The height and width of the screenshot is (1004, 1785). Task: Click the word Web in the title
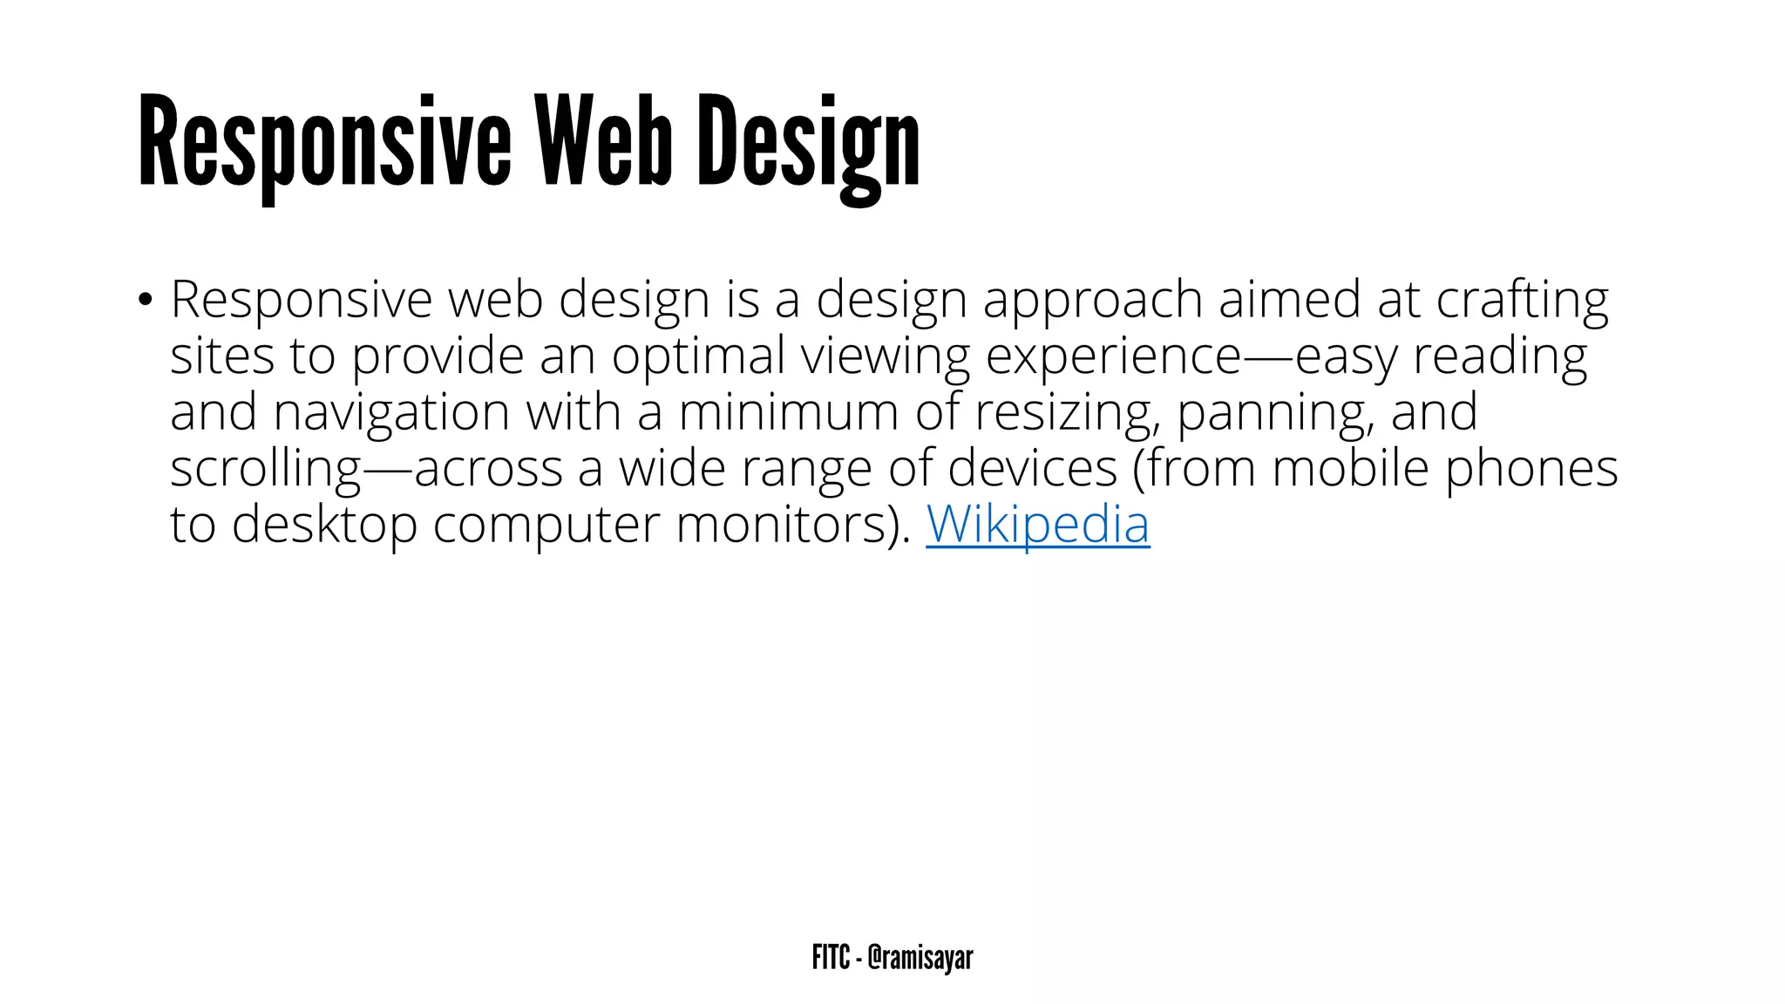603,141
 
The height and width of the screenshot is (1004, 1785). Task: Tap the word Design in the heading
808,144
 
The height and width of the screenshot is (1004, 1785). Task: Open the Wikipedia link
1037,524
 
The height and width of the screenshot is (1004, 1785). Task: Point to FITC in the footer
830,957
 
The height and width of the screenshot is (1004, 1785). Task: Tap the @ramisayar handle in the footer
920,957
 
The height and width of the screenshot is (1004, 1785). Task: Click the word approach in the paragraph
1092,301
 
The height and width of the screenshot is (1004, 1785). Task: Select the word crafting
1522,301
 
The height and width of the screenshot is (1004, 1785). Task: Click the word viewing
885,356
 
